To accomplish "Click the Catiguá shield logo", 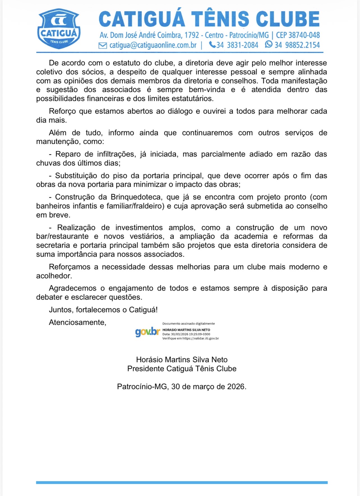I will coord(59,29).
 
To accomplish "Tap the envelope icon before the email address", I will coord(103,45).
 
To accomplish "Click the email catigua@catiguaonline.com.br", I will coord(153,45).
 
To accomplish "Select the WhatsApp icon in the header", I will coord(269,44).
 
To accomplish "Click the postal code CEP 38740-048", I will coord(298,35).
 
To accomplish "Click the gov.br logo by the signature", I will coord(147,332).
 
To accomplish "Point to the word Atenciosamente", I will coord(77,322).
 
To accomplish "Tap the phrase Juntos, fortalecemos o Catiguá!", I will coord(103,310).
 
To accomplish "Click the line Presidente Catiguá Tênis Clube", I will coord(182,369).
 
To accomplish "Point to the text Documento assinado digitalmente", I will coord(188,323).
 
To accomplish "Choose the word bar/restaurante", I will coord(62,236).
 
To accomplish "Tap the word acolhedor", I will coord(54,276).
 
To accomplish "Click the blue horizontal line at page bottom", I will coord(182,483).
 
